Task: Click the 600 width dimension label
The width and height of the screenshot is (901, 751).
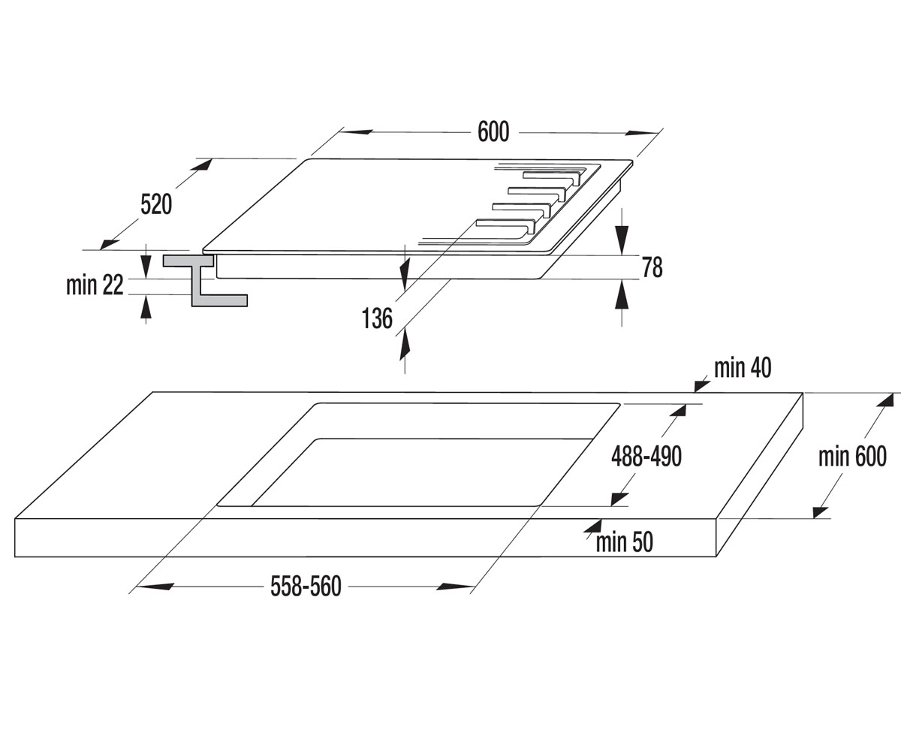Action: pyautogui.click(x=493, y=131)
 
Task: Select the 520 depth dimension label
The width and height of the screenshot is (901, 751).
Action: pyautogui.click(x=156, y=204)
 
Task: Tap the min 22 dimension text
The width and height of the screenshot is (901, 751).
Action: pyautogui.click(x=95, y=285)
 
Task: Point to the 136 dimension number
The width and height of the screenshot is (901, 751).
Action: pyautogui.click(x=377, y=318)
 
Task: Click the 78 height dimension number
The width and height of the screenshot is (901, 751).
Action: pyautogui.click(x=652, y=267)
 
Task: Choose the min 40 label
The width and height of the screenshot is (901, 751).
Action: pyautogui.click(x=743, y=368)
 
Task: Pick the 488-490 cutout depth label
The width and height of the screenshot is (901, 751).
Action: pyautogui.click(x=646, y=456)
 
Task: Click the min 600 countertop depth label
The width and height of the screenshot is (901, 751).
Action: pyautogui.click(x=853, y=456)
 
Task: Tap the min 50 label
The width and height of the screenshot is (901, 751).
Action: pyautogui.click(x=625, y=541)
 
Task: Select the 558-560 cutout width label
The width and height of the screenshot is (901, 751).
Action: pyautogui.click(x=306, y=586)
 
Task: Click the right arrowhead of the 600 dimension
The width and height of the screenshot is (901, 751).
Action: pyautogui.click(x=642, y=133)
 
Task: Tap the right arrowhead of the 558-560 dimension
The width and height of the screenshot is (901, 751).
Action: pyautogui.click(x=455, y=587)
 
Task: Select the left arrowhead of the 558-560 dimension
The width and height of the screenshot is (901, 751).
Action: pyautogui.click(x=155, y=587)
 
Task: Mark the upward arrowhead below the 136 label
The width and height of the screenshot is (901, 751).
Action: pyautogui.click(x=405, y=344)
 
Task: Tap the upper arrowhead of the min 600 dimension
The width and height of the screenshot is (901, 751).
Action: pyautogui.click(x=885, y=400)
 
